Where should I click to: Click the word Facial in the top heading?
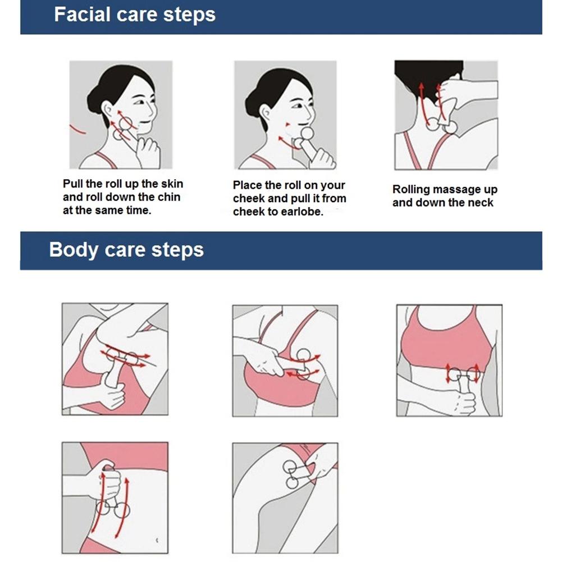click(82, 15)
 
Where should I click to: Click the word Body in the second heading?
click(74, 249)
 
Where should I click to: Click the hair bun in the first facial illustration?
click(94, 100)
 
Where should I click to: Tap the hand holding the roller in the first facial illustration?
click(148, 152)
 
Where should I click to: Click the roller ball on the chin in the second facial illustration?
click(307, 133)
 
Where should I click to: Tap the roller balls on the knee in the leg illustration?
click(291, 475)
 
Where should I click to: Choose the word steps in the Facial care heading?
click(190, 15)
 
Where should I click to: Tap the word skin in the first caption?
click(172, 184)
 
